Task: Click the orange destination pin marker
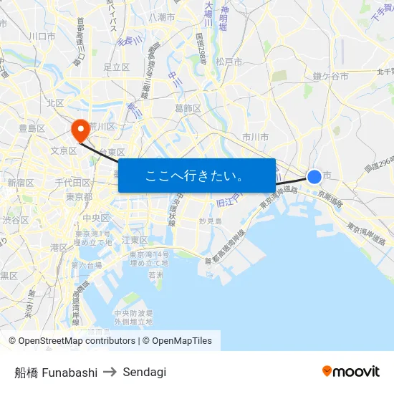click(x=80, y=130)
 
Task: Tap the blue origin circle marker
click(x=314, y=176)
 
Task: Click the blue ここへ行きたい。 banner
click(x=196, y=176)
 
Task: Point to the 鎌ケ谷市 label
click(x=330, y=75)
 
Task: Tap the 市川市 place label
click(x=255, y=136)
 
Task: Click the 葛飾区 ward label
click(x=188, y=108)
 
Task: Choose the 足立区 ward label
click(x=116, y=67)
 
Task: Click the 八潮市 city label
click(x=162, y=16)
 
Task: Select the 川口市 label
click(x=42, y=35)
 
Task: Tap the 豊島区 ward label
click(x=32, y=128)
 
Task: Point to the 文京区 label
click(x=64, y=150)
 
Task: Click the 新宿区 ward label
click(x=21, y=183)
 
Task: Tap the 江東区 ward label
click(x=135, y=239)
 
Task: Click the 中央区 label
click(x=95, y=218)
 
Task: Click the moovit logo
click(x=350, y=371)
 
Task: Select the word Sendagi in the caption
click(x=145, y=372)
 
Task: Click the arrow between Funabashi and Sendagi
click(x=110, y=372)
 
